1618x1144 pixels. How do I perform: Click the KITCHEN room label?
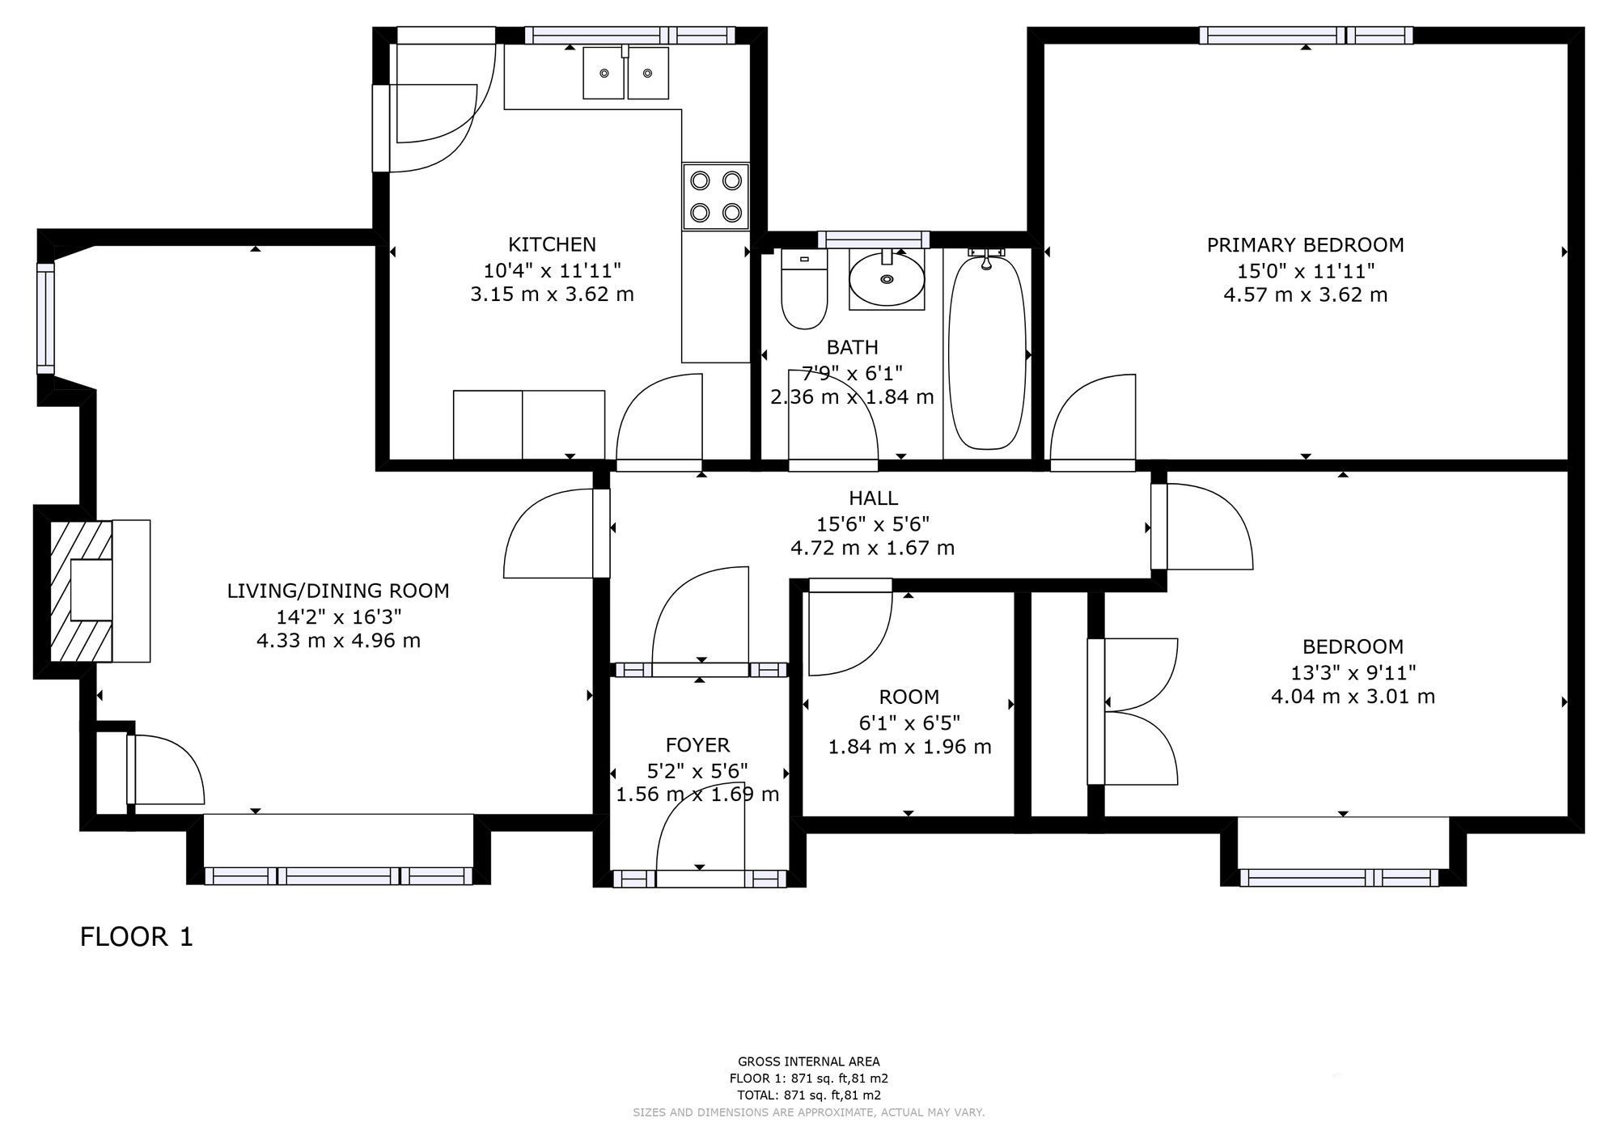pos(552,244)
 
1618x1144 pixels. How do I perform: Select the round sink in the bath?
pos(887,279)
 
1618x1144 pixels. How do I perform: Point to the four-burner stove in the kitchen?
pos(716,197)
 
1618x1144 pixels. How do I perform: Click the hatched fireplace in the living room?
pos(81,591)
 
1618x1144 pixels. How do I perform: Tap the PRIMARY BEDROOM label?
pos(1305,245)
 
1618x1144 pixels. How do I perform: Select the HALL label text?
pos(873,498)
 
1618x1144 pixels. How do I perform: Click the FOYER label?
pos(697,745)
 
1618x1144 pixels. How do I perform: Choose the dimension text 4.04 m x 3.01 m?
pos(1353,697)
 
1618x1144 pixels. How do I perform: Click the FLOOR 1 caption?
pos(137,937)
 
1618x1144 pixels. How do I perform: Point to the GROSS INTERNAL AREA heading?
pos(808,1061)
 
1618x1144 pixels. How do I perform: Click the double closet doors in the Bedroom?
pos(1133,711)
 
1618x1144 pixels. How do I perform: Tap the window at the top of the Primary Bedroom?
pos(1306,36)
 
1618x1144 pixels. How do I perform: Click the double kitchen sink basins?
pos(626,73)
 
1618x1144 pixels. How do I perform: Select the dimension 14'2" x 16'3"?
pos(339,616)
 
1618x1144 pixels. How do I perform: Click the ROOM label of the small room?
pos(909,697)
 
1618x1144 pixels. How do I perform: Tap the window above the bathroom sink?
pos(873,239)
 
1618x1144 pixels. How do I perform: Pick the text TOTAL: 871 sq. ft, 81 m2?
pos(808,1095)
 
